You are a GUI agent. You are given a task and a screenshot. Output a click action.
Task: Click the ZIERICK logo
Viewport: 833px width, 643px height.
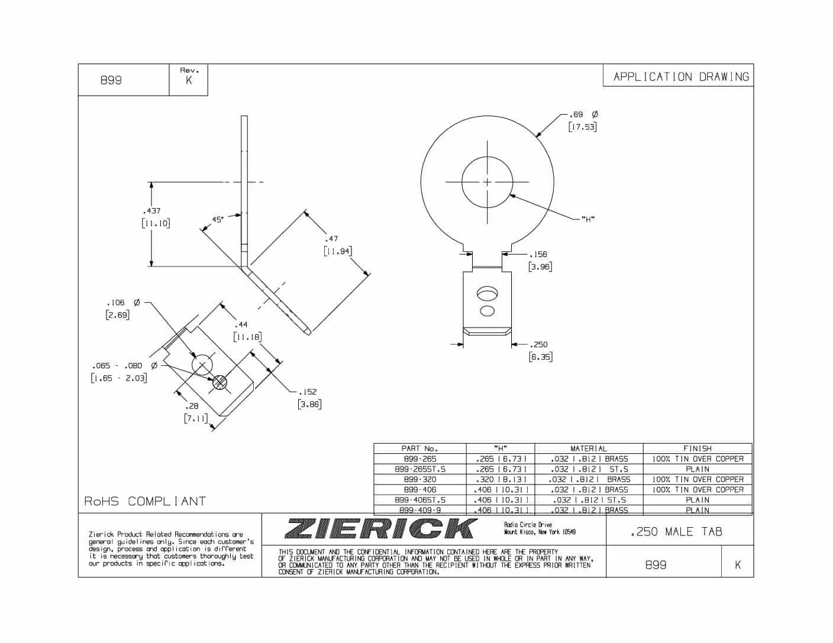click(x=381, y=528)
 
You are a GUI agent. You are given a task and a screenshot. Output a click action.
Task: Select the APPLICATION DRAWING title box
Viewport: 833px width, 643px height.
click(x=680, y=77)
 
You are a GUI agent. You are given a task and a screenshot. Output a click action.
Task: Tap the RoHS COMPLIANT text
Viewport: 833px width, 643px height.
click(x=145, y=502)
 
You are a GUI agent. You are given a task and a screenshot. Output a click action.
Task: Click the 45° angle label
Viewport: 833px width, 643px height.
click(x=218, y=220)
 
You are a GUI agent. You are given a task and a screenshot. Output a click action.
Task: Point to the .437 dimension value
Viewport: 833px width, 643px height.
click(x=151, y=211)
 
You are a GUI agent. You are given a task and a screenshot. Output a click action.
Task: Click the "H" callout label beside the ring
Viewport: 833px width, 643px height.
click(x=587, y=219)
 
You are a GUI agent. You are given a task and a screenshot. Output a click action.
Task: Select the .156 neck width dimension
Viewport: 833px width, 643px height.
click(x=538, y=255)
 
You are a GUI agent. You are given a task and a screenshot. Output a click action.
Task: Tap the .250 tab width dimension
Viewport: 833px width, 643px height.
click(x=538, y=345)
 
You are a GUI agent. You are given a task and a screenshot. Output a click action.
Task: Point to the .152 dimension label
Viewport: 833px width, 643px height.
click(x=307, y=392)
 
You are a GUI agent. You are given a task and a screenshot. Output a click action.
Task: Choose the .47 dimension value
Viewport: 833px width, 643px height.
click(x=331, y=239)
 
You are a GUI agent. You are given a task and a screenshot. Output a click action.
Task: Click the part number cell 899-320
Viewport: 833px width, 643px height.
click(x=419, y=479)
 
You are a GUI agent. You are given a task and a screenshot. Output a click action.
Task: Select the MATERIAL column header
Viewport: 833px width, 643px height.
click(x=588, y=449)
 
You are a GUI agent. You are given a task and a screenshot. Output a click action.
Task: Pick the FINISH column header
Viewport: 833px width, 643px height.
click(x=697, y=449)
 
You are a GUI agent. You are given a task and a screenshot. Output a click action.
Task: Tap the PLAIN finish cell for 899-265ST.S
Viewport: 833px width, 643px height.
click(x=697, y=469)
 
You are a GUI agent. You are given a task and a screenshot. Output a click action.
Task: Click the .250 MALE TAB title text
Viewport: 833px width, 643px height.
click(x=676, y=532)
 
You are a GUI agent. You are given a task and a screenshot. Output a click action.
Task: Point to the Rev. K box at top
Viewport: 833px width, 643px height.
click(x=189, y=79)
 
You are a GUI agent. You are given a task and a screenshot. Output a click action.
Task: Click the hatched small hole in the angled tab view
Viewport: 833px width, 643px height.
click(x=219, y=382)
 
